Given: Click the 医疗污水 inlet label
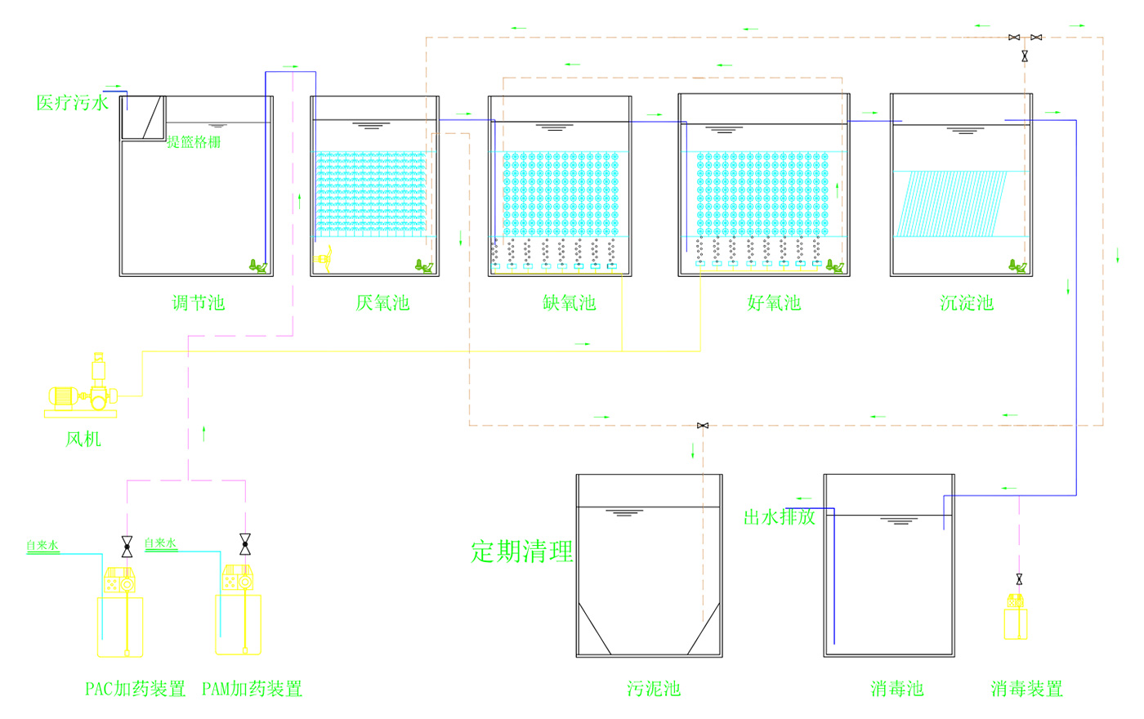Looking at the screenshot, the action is pos(73,103).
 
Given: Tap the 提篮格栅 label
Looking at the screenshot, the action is pos(194,141).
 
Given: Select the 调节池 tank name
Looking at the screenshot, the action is pos(198,303).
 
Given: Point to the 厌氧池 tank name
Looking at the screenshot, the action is pos(382,303).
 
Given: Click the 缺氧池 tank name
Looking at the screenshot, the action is pos(569,303).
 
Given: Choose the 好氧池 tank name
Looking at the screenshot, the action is pos(774,303).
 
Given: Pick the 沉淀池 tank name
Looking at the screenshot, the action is pos(967,303).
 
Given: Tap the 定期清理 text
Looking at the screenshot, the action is pos(521,552).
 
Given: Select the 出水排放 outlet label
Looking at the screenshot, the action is pos(780,517).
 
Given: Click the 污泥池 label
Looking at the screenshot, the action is pos(654,689).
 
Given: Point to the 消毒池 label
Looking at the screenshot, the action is pos(897,689).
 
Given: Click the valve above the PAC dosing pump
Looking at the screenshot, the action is pos(127,547).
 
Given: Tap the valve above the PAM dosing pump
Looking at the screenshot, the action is pos(245,544).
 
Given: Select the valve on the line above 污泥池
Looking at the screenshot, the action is pos(703,426).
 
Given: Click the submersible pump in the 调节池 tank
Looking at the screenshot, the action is pos(258,266).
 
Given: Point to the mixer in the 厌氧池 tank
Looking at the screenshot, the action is pos(323,259).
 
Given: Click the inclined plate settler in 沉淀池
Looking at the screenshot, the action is pos(951,203).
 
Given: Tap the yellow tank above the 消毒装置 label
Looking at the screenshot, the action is pos(1015,623).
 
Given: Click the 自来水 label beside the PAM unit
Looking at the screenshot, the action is pos(160,543).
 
